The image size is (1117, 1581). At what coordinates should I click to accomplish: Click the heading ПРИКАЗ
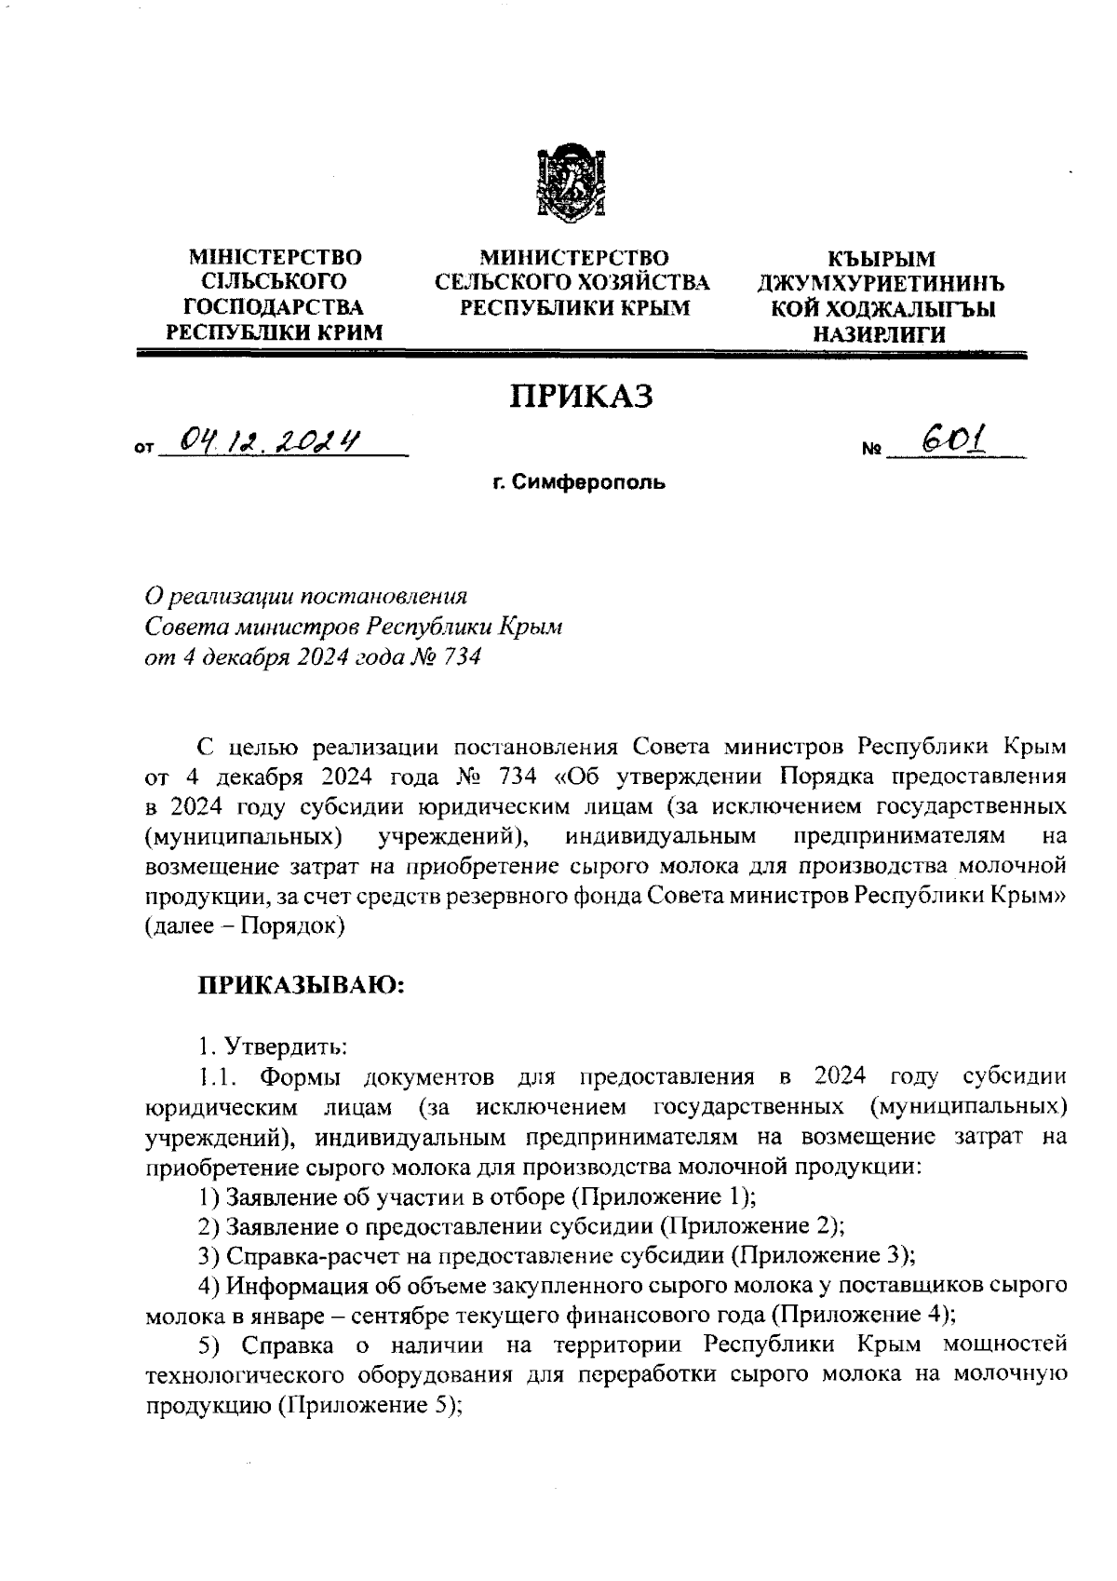coord(581,397)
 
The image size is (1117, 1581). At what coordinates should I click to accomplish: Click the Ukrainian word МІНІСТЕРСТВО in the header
coord(276,257)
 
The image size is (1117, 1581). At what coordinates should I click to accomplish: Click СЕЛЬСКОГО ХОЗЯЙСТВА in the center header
coord(572,282)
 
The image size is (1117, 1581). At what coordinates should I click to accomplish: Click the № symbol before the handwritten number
coord(871,451)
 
